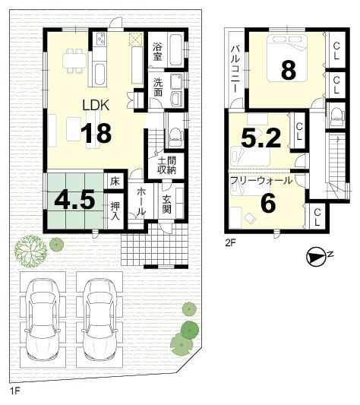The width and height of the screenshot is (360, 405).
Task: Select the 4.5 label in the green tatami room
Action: point(74,200)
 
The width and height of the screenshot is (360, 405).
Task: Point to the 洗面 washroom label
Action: point(157,87)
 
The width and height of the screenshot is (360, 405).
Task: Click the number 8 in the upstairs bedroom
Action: point(287,70)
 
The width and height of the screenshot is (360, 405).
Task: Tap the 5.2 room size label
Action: point(261,137)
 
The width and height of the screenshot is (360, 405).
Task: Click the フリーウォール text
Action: point(261,180)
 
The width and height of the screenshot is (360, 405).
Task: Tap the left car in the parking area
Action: point(43,317)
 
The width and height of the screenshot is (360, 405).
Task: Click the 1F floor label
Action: point(14,391)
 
